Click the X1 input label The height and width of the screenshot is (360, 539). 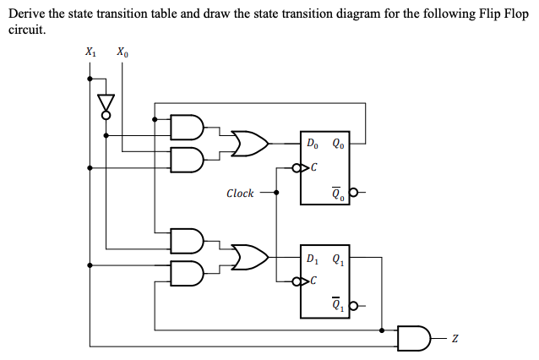click(90, 52)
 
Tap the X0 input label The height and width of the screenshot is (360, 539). click(122, 52)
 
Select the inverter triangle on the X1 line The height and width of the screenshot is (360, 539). click(106, 104)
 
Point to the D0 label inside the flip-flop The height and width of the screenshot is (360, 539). click(313, 143)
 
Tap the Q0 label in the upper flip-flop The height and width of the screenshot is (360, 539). click(338, 143)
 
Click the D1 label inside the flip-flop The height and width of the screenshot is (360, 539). click(313, 259)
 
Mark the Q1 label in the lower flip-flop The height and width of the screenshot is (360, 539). click(338, 259)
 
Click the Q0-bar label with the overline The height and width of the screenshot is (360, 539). click(338, 196)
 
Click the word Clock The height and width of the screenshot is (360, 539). click(240, 194)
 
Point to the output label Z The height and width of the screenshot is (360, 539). click(455, 338)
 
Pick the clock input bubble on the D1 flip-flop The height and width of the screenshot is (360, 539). click(296, 281)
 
